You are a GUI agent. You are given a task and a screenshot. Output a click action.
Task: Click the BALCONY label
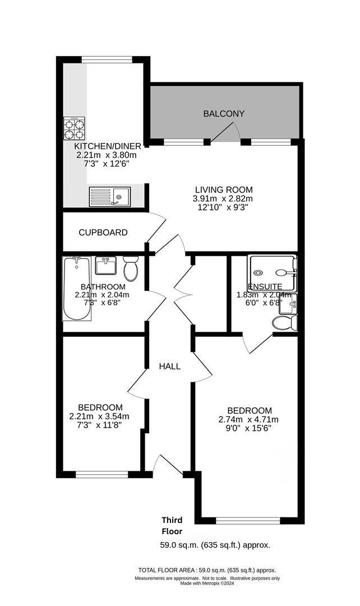click(x=224, y=114)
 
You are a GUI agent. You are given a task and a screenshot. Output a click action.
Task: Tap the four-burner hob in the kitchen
click(x=74, y=127)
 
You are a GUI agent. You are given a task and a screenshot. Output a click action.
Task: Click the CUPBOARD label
click(x=103, y=232)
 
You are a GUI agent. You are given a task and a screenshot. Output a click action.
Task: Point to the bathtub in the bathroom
click(x=76, y=288)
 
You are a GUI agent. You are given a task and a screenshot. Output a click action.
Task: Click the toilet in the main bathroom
click(x=130, y=269)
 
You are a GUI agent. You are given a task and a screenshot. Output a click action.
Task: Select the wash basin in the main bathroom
click(x=105, y=265)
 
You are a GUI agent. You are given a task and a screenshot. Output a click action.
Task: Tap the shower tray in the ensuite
click(x=273, y=272)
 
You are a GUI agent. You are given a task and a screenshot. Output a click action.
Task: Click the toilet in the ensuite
click(x=284, y=323)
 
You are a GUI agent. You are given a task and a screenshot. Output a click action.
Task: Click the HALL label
click(x=169, y=366)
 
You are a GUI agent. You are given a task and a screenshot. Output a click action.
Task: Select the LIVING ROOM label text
click(x=224, y=190)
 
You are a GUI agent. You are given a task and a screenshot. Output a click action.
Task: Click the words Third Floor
click(x=172, y=525)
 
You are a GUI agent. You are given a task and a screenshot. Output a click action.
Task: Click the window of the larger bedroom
click(x=247, y=520)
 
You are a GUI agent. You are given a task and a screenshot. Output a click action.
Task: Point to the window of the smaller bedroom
click(x=102, y=475)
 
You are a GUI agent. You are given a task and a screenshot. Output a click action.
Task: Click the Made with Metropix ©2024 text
click(x=207, y=584)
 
